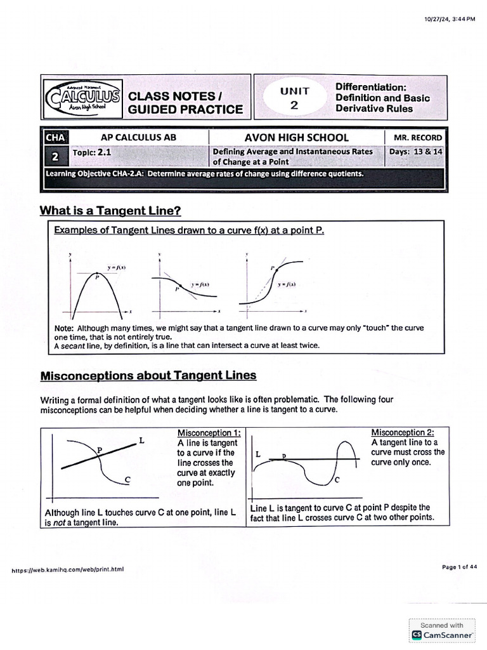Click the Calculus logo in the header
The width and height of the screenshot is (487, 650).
(82, 98)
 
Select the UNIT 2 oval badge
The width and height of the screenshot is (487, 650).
(294, 98)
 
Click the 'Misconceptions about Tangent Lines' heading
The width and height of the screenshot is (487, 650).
(148, 375)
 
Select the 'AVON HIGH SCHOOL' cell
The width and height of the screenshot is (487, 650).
(296, 138)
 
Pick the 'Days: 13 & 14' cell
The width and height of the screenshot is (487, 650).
(415, 152)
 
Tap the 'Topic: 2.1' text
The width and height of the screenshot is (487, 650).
(92, 153)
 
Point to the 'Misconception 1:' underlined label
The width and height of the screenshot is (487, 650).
(209, 433)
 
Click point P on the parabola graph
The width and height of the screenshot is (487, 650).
(97, 276)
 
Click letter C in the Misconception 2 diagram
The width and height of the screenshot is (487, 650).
(337, 480)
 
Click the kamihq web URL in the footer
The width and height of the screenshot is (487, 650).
(68, 569)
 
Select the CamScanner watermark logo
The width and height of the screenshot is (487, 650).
(442, 630)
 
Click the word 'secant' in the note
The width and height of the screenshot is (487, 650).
(71, 346)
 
